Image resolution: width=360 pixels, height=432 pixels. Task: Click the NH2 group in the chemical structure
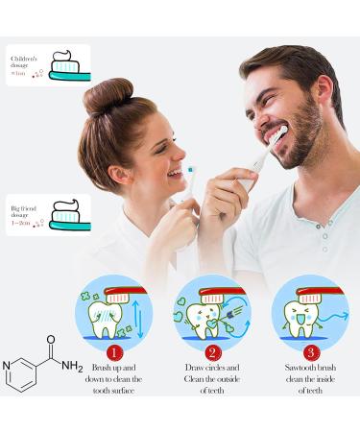point(71,366)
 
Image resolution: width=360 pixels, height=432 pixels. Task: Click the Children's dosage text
point(25,63)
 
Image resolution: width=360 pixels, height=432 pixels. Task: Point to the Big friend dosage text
point(26,213)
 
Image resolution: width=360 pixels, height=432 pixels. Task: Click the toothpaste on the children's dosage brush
point(67,59)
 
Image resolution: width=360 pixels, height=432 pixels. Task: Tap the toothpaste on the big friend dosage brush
point(68,208)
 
